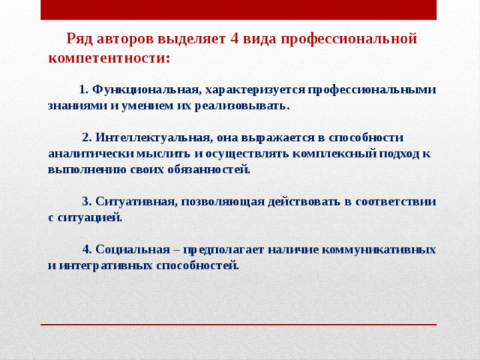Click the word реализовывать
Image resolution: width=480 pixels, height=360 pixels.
239,106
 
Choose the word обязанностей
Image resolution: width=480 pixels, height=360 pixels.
212,169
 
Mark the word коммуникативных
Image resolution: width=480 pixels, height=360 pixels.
379,249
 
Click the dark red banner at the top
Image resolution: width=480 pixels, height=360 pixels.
238,10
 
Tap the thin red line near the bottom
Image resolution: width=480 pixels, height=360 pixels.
238,324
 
